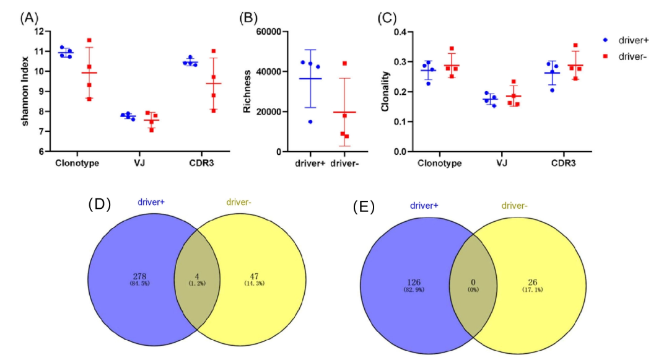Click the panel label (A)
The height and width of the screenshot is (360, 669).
(30, 17)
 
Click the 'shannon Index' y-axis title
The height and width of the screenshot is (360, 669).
(27, 92)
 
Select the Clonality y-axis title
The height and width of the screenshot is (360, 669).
(385, 92)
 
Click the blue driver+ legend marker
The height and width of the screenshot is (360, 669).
(605, 40)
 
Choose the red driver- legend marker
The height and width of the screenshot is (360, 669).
(605, 56)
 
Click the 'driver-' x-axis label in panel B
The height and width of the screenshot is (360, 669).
(345, 164)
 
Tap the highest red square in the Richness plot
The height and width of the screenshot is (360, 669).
(344, 63)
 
